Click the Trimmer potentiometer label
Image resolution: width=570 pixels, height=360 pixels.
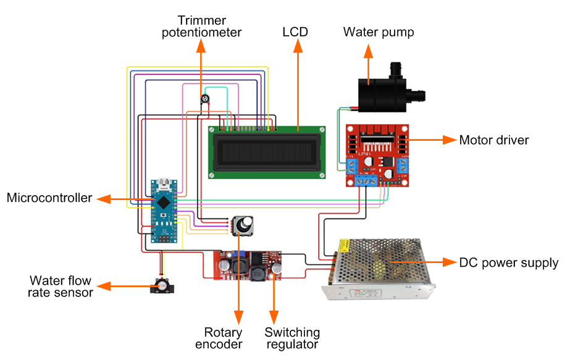point(201,26)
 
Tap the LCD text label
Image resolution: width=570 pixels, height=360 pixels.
point(295,32)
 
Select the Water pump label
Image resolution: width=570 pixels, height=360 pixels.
point(379,32)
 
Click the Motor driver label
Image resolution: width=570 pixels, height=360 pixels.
point(494,140)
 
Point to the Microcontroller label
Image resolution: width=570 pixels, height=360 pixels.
point(49,198)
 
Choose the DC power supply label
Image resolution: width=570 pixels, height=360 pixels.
point(509,262)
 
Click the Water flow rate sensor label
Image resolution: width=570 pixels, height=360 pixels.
point(60,286)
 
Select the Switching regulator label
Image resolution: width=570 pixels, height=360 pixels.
point(292,338)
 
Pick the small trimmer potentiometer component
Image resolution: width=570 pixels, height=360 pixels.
point(204,99)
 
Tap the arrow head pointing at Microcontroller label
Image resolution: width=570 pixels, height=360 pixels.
point(101,199)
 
